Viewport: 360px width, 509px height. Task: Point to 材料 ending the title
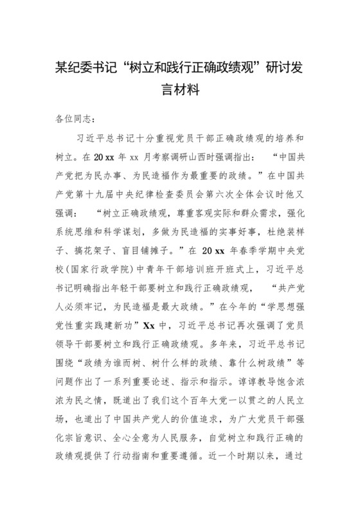tap(192, 90)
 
